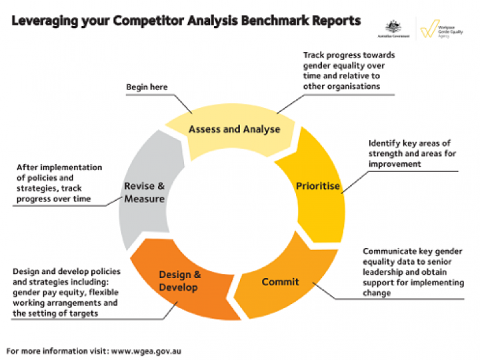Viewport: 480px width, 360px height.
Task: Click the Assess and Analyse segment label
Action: click(234, 129)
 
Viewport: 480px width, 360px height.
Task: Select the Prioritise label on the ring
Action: click(318, 186)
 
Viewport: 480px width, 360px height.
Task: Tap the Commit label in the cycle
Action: click(280, 281)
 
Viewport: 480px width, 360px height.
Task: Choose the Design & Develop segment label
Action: click(178, 281)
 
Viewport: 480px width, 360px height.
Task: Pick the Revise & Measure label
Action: click(144, 192)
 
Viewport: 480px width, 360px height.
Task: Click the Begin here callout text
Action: click(147, 87)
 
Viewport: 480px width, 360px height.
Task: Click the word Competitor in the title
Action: click(147, 21)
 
